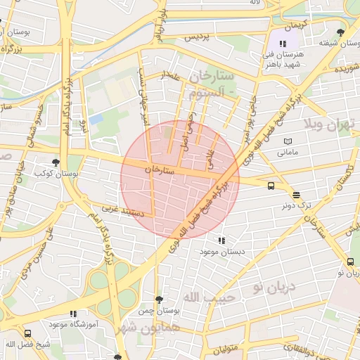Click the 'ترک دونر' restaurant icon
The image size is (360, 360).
coord(296,195)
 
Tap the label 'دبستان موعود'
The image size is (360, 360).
coord(221,251)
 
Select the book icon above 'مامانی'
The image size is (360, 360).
coord(287,142)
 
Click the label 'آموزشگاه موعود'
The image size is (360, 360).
coord(72,324)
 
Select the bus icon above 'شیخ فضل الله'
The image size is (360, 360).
coord(28,334)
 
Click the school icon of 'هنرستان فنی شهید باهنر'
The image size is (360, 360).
coord(283,44)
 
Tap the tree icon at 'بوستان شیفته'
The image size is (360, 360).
coord(341,32)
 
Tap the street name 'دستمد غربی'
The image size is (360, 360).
coord(124,210)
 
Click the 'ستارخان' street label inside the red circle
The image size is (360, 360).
coord(159,169)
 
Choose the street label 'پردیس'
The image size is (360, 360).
coord(198,35)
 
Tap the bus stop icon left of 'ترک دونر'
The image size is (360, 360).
coord(271,186)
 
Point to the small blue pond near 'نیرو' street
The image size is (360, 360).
coord(96,119)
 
